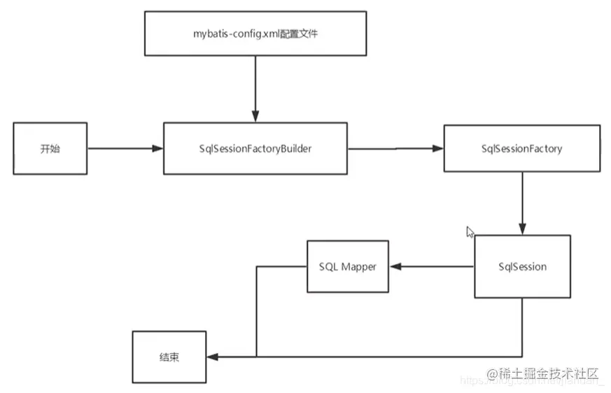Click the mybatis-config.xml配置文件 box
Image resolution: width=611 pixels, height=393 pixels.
(x=255, y=34)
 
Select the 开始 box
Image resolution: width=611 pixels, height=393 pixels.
(x=50, y=149)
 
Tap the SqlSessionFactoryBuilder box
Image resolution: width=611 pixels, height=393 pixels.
(x=255, y=149)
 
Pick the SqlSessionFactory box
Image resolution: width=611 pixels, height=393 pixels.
(x=521, y=149)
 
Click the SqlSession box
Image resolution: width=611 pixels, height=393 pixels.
(x=522, y=266)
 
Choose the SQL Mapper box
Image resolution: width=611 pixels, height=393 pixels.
(x=347, y=267)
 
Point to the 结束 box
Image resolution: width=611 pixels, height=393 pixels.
(x=169, y=357)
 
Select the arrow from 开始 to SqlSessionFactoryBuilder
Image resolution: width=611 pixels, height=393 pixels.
(x=125, y=149)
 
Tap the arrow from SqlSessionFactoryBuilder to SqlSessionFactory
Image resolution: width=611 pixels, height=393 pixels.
(x=395, y=149)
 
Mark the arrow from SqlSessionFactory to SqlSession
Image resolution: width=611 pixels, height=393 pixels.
(x=521, y=203)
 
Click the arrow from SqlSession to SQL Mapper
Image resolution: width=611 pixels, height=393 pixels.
(x=431, y=267)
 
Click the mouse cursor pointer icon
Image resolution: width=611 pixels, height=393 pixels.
(x=470, y=232)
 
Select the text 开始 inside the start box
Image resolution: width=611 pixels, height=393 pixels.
(x=50, y=149)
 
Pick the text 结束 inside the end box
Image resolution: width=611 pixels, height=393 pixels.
(x=169, y=357)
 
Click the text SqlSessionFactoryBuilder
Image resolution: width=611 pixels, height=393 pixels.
(x=255, y=149)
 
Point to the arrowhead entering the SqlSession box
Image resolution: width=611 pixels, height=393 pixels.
(x=521, y=230)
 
